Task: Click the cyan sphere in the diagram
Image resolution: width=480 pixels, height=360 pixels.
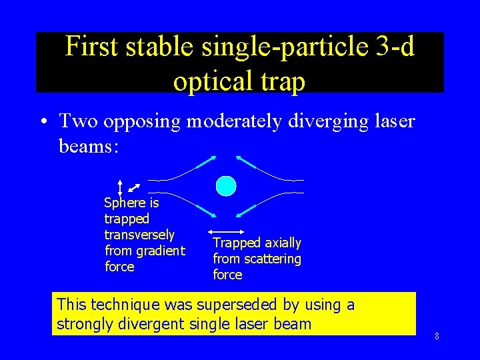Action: (226, 186)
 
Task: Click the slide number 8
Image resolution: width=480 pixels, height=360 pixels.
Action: (437, 336)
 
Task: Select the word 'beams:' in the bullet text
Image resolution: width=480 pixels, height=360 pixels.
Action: (88, 145)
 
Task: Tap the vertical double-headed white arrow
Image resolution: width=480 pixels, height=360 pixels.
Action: (120, 187)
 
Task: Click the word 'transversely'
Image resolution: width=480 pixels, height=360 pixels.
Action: (139, 235)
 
